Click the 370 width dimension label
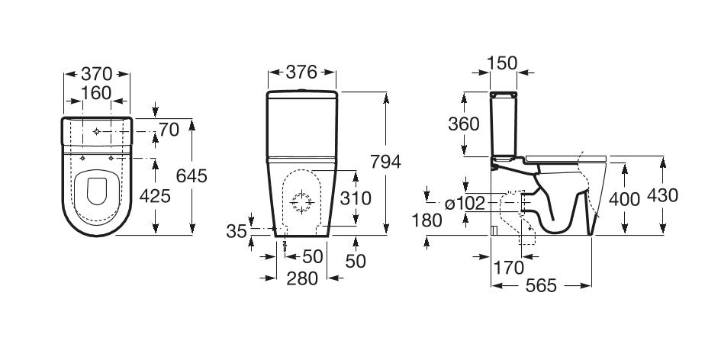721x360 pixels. (x=97, y=74)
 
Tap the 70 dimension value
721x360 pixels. (x=169, y=130)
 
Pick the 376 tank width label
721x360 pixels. (x=302, y=73)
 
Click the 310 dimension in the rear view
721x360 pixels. (x=356, y=199)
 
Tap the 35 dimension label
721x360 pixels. (x=238, y=230)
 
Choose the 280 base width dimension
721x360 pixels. (x=302, y=279)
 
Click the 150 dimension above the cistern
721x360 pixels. (x=503, y=63)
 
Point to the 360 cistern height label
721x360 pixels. (x=464, y=124)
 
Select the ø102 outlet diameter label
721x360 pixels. (x=465, y=204)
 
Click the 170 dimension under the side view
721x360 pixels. (x=510, y=268)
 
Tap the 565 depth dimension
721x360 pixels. (x=541, y=286)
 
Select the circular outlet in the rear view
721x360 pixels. (x=302, y=202)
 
